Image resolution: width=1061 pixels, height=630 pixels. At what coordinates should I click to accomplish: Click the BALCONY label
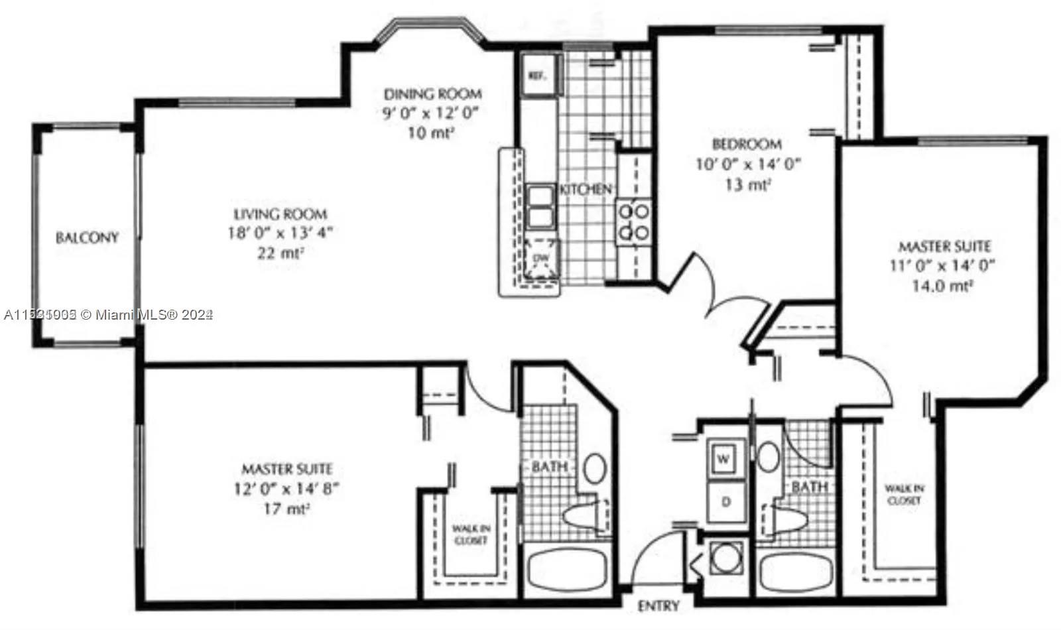pos(87,237)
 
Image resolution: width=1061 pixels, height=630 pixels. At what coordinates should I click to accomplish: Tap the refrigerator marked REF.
pos(537,76)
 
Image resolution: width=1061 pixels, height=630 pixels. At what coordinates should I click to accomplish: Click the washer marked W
pos(724,458)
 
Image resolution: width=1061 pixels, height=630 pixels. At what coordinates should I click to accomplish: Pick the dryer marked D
pos(725,502)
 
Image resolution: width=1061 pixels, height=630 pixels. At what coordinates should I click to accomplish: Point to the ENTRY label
pos(658,606)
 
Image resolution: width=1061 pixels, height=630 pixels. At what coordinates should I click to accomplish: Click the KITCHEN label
pos(585,190)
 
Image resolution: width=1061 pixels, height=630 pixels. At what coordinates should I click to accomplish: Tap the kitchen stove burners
pos(633,222)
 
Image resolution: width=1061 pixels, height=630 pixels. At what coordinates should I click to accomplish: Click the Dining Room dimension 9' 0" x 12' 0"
pos(431,113)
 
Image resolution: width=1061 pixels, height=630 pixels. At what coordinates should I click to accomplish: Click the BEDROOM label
pos(747,144)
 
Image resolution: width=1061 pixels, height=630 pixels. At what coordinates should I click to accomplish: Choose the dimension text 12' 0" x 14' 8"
pos(286,489)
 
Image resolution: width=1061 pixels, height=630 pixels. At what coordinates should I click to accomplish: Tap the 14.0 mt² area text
pos(945,286)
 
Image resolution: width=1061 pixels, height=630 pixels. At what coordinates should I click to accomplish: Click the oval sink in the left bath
pos(594,468)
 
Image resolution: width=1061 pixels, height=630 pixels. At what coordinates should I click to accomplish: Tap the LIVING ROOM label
pos(280,214)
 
